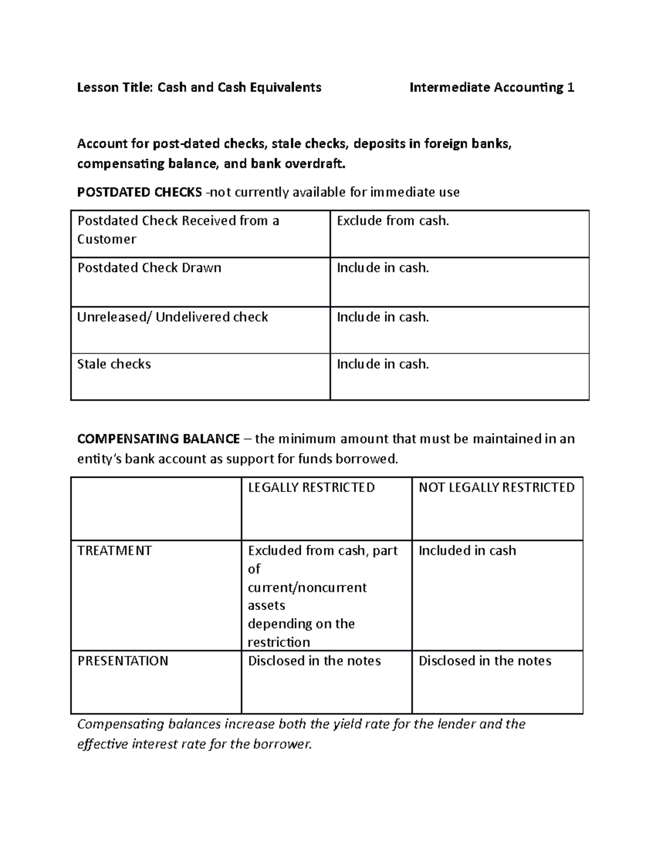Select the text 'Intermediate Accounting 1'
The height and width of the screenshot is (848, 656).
tap(491, 87)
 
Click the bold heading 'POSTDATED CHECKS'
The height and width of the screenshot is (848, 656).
tap(139, 192)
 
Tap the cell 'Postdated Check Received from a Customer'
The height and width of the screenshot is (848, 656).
tap(178, 230)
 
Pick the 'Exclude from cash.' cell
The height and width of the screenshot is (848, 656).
tap(393, 221)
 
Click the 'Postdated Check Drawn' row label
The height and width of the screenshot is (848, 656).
tap(149, 268)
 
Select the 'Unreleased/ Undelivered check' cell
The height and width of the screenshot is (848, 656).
tap(172, 317)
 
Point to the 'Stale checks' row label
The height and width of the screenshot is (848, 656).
tap(114, 364)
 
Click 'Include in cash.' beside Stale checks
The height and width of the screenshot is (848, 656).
tap(383, 364)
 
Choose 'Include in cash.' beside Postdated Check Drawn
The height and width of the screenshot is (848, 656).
tap(383, 268)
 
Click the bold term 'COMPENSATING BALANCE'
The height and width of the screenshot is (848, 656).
tap(159, 439)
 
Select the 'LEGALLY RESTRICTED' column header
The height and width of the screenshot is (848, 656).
tap(311, 488)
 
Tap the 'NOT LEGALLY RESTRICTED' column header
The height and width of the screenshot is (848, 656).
tap(496, 488)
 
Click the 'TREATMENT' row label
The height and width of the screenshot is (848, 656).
tap(114, 551)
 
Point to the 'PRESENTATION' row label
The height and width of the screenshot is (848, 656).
tap(122, 661)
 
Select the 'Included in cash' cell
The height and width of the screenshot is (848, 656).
tap(467, 551)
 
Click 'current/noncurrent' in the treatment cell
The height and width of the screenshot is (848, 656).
tap(307, 588)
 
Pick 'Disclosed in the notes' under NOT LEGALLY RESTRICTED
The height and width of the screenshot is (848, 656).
tap(484, 661)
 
